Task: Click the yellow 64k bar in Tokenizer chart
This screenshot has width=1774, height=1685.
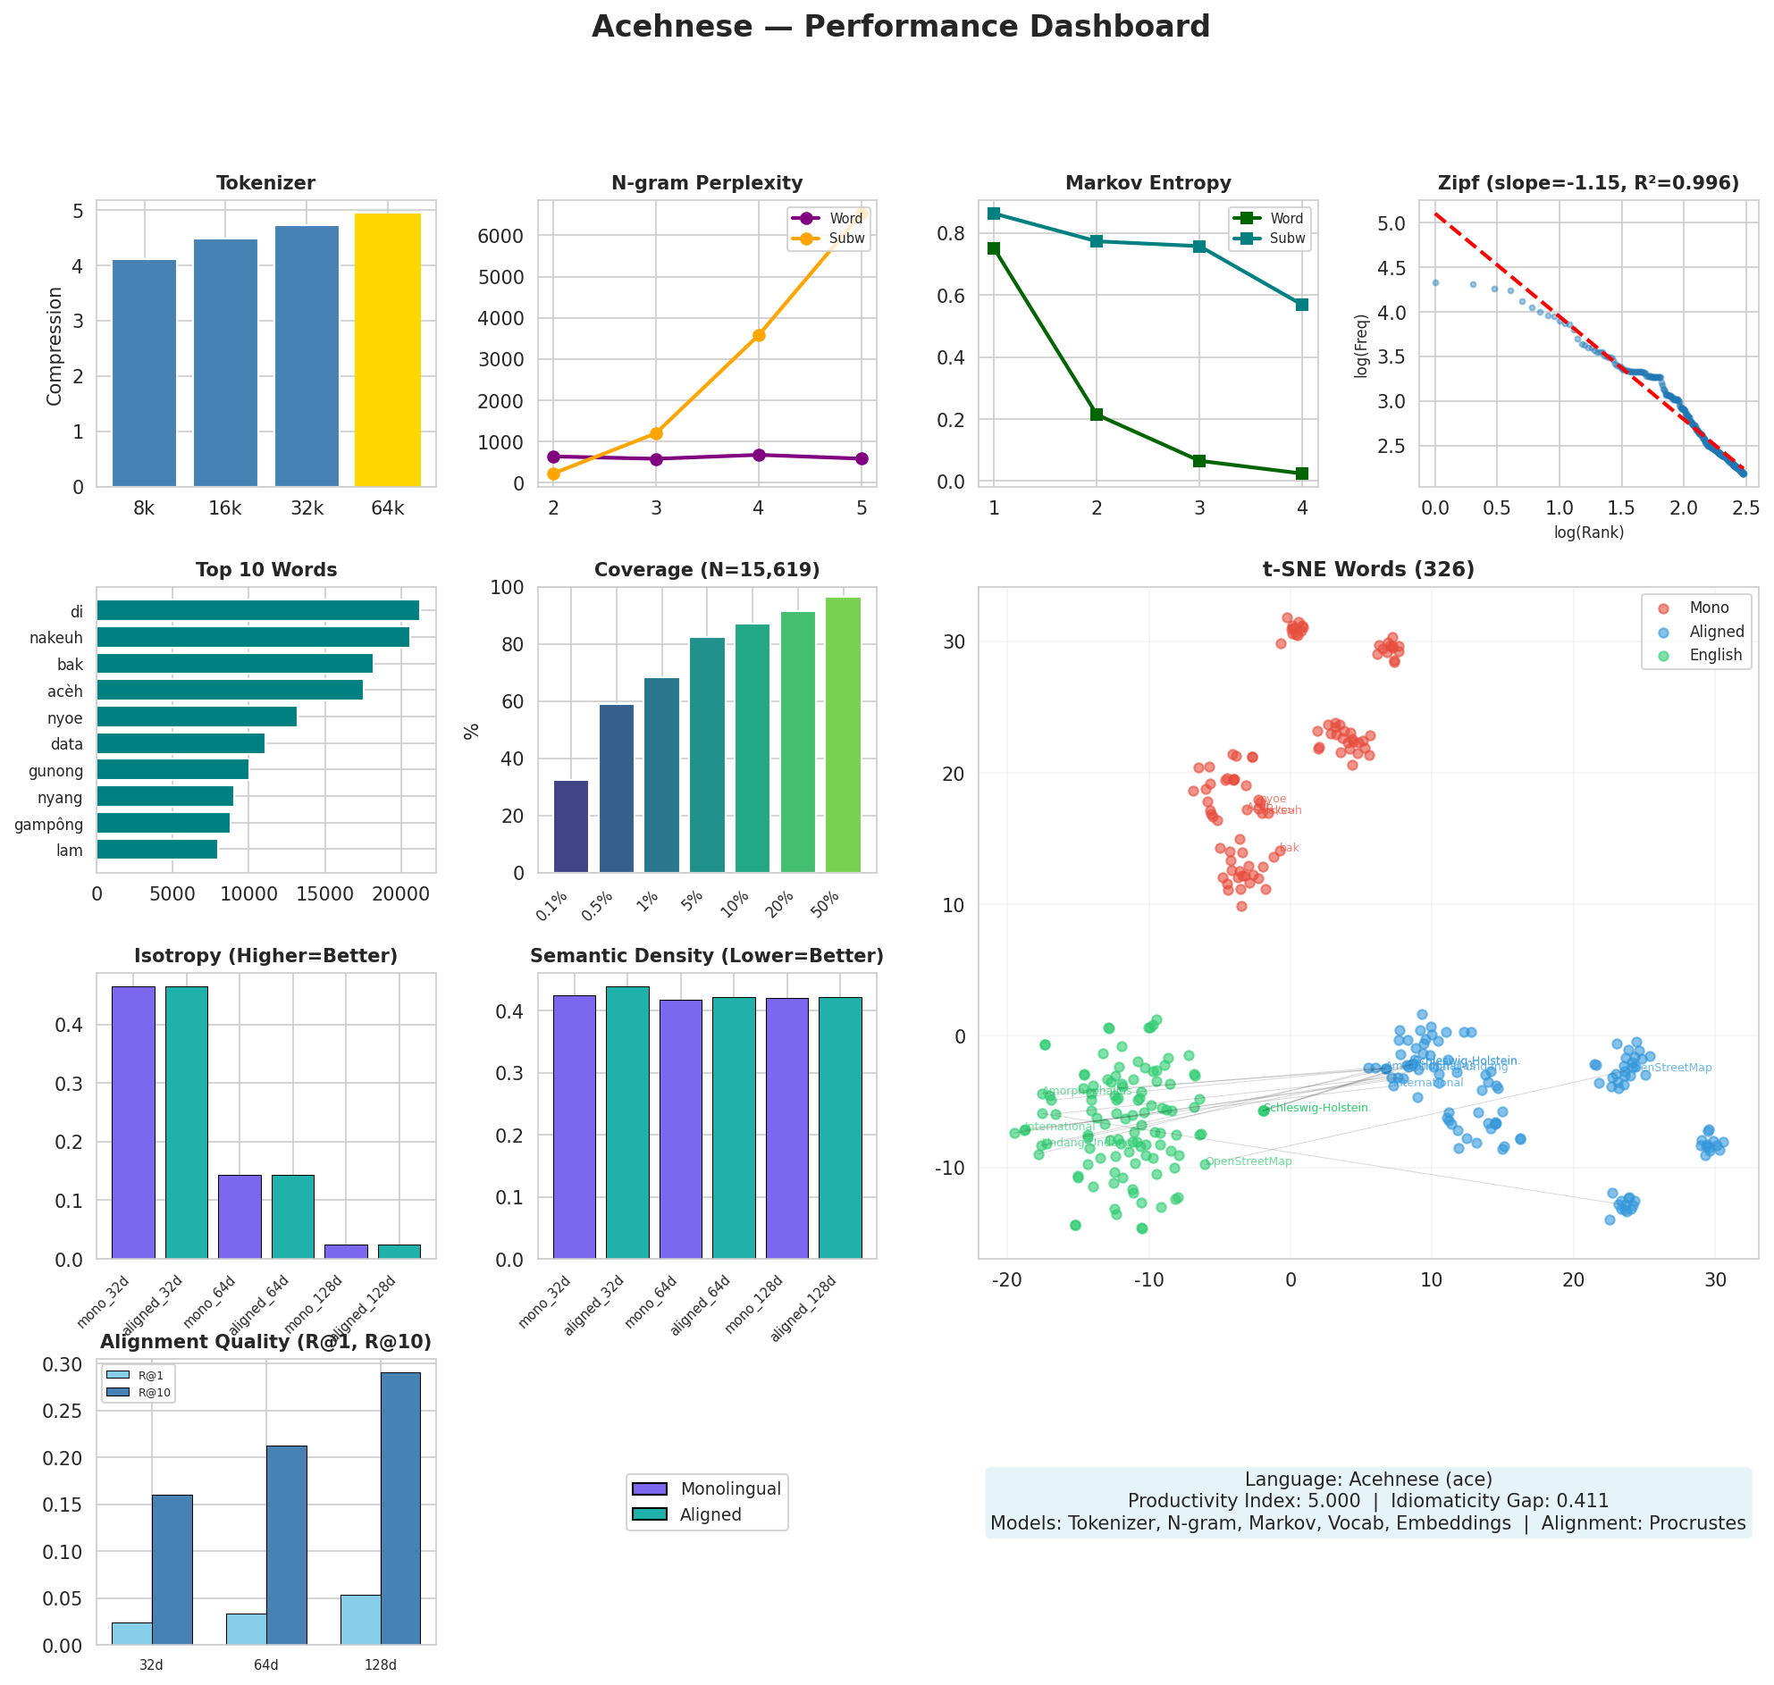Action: tap(387, 350)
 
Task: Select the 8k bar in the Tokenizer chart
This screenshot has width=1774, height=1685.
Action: tap(144, 373)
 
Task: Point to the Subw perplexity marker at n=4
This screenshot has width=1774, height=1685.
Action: tap(758, 335)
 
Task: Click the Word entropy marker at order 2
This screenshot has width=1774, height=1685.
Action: tap(1096, 414)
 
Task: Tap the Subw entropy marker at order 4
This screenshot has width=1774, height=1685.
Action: tap(1301, 305)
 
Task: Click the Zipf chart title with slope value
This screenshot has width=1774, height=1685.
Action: tap(1587, 183)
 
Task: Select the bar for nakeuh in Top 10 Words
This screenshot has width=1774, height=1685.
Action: tap(252, 637)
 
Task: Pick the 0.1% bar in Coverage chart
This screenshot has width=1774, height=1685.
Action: tap(570, 826)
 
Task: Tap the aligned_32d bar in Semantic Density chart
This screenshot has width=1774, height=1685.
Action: tap(627, 1122)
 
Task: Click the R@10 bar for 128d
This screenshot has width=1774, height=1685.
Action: tap(399, 1509)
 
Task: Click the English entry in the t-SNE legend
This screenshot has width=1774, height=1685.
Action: tap(1714, 655)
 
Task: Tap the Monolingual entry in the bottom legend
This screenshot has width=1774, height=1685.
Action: tap(729, 1488)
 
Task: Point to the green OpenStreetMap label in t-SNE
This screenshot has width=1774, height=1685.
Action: tap(1248, 1161)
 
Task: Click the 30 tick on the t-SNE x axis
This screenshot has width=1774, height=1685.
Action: tap(1714, 1280)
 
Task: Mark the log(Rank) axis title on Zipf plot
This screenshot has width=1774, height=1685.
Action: tap(1587, 532)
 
